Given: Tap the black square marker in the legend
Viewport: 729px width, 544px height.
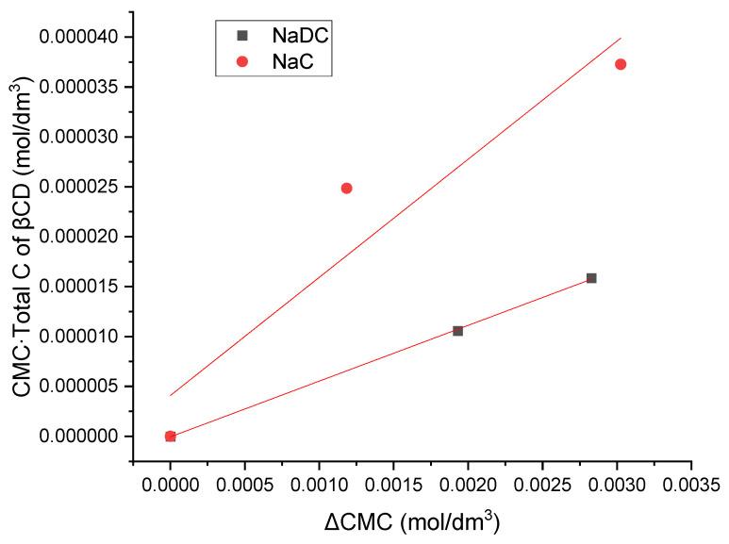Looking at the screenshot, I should [242, 36].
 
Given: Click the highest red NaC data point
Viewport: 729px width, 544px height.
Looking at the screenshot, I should [621, 64].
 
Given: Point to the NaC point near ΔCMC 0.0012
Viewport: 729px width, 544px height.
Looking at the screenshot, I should [346, 188].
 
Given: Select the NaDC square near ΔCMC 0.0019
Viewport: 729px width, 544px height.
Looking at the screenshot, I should [457, 331].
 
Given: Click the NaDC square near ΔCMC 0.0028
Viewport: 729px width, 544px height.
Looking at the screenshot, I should [591, 278].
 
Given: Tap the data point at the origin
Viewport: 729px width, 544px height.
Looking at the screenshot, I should [170, 436].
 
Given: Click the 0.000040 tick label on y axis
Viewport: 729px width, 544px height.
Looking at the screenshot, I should [80, 37].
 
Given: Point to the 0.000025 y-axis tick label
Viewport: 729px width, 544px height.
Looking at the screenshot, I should [80, 187].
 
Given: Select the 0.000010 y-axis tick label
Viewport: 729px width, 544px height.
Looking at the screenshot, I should [80, 337].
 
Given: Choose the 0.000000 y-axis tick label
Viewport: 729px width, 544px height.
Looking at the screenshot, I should [80, 437].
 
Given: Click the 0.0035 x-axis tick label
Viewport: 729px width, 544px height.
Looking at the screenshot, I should [691, 485].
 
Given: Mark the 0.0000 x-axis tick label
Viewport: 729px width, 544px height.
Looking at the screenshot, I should [170, 485].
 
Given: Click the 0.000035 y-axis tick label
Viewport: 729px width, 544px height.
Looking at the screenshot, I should [80, 87].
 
